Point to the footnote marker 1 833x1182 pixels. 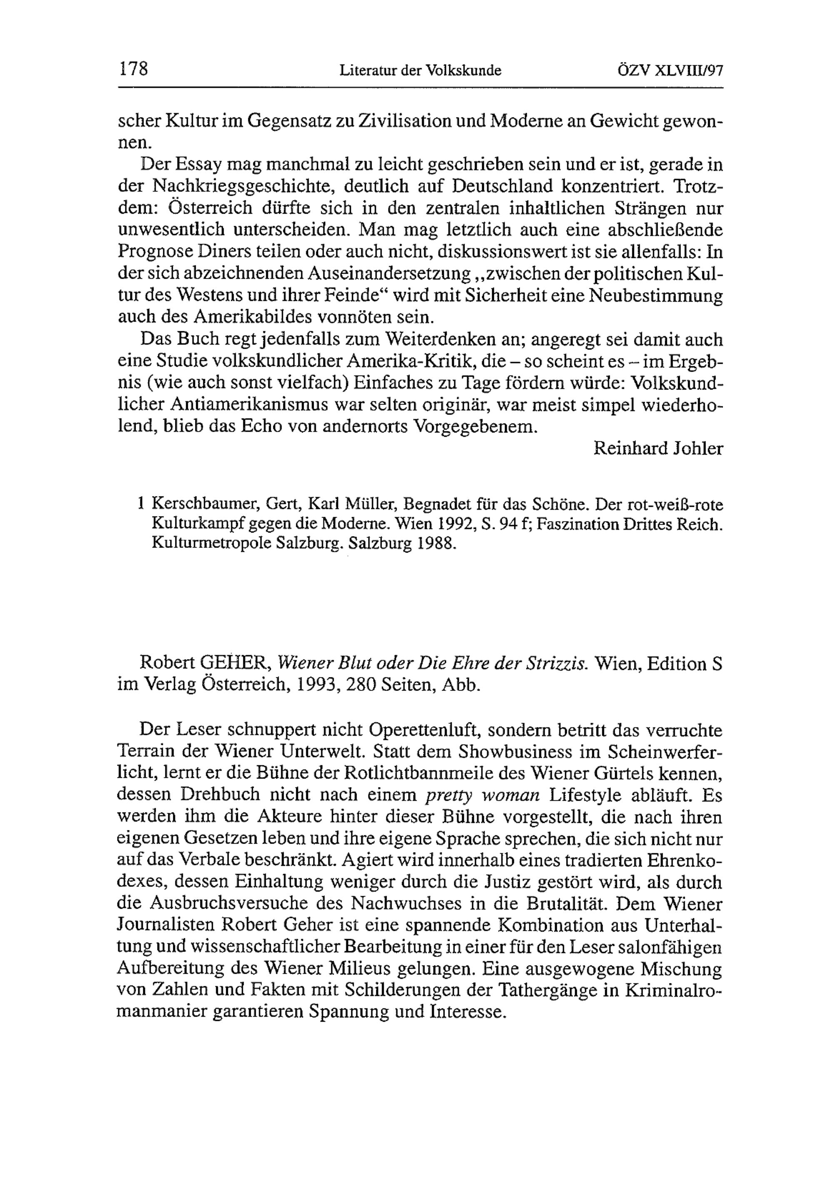coord(140,503)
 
